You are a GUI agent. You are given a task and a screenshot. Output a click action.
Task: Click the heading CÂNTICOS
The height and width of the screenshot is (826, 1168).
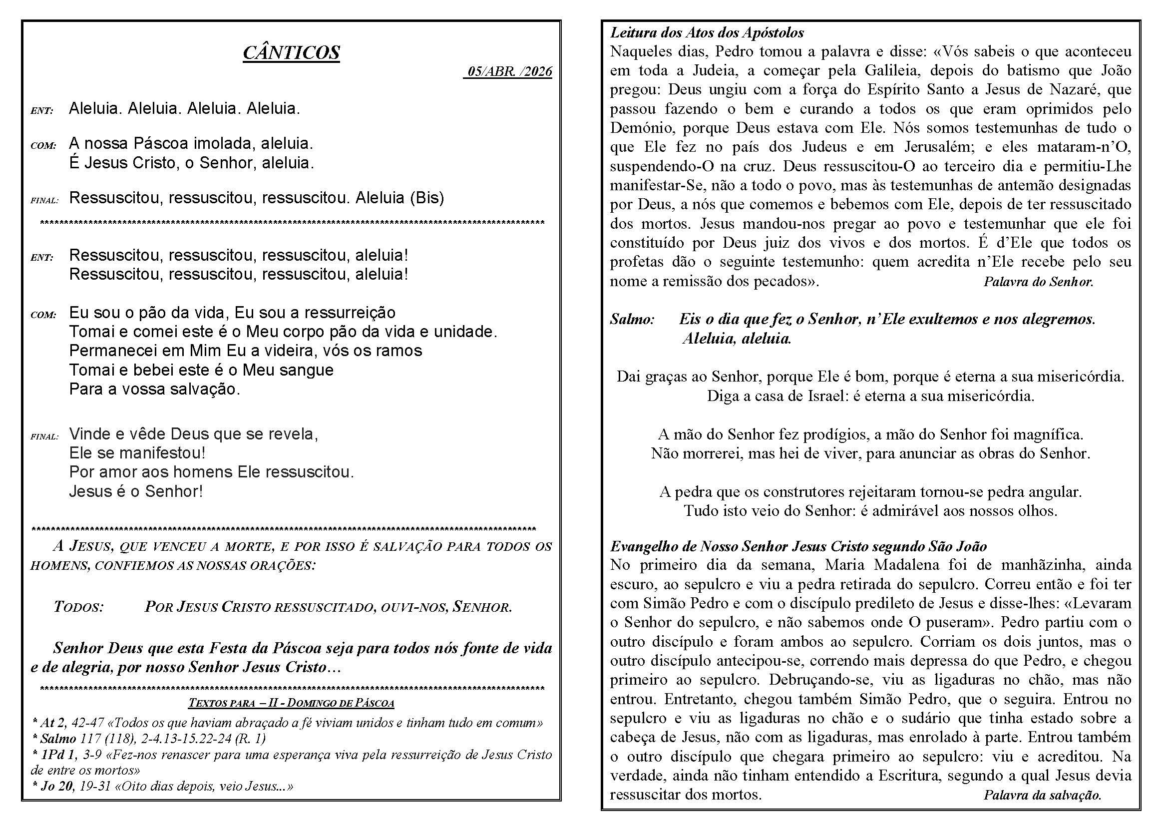point(291,52)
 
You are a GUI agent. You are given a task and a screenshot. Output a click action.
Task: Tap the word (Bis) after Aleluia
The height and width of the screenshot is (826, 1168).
point(427,197)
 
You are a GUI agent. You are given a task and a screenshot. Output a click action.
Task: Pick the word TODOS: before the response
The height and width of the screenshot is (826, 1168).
point(79,607)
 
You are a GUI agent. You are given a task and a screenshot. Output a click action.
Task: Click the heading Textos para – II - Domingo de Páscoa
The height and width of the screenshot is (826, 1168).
point(291,703)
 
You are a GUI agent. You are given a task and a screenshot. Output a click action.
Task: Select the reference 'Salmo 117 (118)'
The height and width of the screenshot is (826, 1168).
point(85,738)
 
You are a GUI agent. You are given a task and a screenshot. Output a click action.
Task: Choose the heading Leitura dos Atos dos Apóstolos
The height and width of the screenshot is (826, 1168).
point(707,33)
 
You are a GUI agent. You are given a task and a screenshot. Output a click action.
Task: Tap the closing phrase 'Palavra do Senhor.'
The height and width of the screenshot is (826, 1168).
point(1038,281)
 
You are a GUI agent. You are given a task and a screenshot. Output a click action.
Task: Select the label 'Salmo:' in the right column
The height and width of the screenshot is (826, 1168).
point(632,320)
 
